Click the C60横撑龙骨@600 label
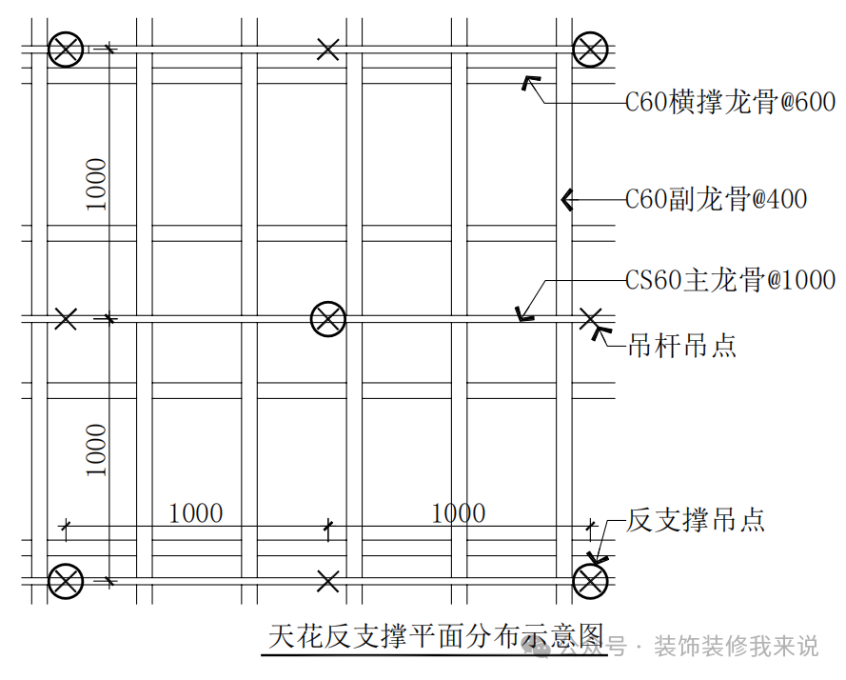[730, 102]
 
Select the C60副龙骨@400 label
[716, 199]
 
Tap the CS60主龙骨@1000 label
[730, 280]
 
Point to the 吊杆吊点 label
[682, 345]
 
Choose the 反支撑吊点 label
[696, 520]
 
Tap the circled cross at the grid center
[328, 319]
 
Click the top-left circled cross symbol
[66, 50]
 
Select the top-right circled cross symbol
[590, 50]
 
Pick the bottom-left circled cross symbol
[66, 582]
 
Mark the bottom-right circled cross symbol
[590, 582]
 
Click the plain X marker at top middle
[327, 50]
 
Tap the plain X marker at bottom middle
[327, 582]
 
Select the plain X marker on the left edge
[66, 319]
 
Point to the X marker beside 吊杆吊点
[590, 319]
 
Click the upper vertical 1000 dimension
[96, 184]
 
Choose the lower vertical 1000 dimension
[96, 450]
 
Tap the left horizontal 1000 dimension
[196, 513]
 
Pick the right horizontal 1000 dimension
[459, 513]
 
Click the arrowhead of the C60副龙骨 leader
[566, 200]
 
